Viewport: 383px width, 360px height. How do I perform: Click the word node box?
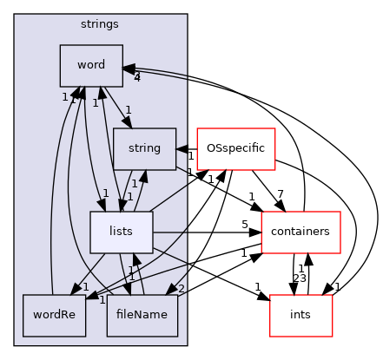point(91,66)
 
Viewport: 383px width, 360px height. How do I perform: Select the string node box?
point(144,148)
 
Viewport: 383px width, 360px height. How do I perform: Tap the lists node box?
point(122,232)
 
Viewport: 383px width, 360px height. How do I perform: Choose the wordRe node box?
point(54,315)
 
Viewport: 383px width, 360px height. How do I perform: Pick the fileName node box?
point(142,315)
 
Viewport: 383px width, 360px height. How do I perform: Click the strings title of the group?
point(99,23)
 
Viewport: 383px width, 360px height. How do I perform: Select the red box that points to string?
point(235,148)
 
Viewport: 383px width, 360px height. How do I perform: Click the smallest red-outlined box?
point(300,315)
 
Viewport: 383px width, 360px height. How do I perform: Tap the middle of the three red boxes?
point(300,232)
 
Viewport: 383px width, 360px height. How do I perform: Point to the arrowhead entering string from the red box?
point(182,148)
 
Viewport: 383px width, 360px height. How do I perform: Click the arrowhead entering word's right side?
point(129,68)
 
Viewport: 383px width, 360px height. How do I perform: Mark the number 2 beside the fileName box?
point(181,289)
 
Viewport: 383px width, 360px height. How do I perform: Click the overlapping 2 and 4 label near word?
point(137,77)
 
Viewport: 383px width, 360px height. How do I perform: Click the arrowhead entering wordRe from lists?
point(76,289)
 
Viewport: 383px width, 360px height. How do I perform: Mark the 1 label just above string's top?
point(128,110)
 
